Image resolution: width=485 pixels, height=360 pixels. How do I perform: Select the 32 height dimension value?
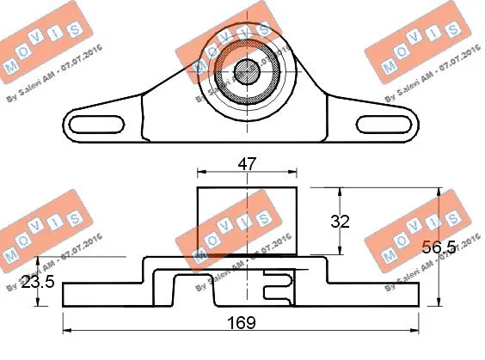pos(341,221)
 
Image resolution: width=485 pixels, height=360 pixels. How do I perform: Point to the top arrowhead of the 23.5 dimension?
pos(38,260)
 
